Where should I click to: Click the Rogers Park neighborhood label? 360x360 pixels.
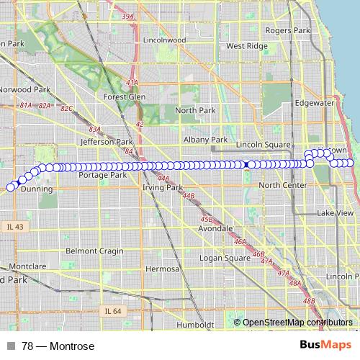pyautogui.click(x=287, y=30)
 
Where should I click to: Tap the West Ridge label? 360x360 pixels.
pyautogui.click(x=246, y=45)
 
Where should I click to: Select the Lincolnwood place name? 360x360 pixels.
pyautogui.click(x=165, y=40)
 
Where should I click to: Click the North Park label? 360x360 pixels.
pyautogui.click(x=195, y=110)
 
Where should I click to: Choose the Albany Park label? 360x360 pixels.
pyautogui.click(x=205, y=140)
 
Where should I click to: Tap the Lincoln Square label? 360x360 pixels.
pyautogui.click(x=267, y=145)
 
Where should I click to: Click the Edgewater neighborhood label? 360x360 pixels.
pyautogui.click(x=315, y=103)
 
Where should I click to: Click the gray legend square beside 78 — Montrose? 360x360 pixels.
pyautogui.click(x=11, y=346)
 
